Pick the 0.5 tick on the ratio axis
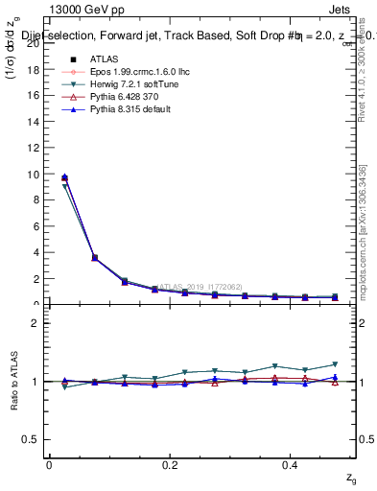point(32,439)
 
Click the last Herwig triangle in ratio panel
point(335,364)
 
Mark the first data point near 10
point(64,177)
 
